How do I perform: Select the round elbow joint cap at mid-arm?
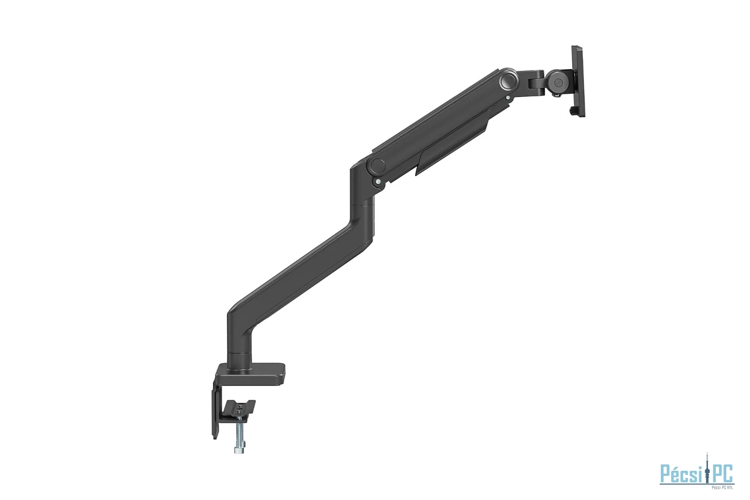click(377, 165)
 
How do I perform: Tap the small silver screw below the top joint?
click(509, 98)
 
